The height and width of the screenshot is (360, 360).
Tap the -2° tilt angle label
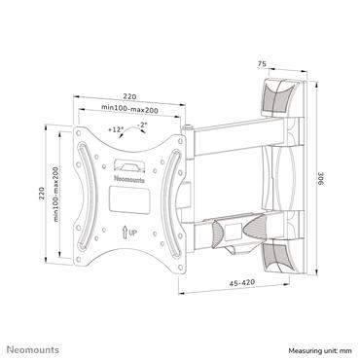(x=143, y=125)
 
